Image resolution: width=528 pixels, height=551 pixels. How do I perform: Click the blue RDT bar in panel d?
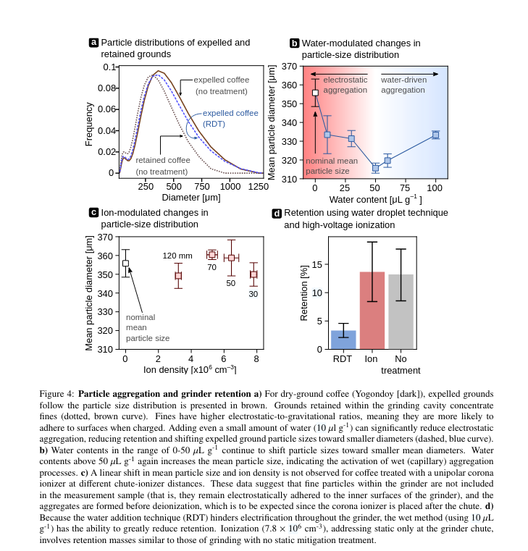(343, 340)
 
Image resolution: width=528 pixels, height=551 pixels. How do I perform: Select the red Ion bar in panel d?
(372, 311)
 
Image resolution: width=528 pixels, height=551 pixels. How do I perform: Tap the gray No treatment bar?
(401, 312)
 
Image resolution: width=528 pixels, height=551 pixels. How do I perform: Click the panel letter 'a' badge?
(93, 43)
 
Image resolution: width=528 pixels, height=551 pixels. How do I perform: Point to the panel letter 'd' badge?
(277, 214)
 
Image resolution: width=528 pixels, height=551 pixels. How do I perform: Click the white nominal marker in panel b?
(315, 93)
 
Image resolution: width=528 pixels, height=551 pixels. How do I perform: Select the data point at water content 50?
(375, 168)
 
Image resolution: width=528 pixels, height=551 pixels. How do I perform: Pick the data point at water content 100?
(435, 135)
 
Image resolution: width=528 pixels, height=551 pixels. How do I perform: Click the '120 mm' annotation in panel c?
(177, 256)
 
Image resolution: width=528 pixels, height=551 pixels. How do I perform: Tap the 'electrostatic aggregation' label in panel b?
(345, 85)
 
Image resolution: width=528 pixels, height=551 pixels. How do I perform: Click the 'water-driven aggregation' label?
(403, 85)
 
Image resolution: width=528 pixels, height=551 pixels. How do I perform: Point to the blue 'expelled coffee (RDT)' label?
(230, 118)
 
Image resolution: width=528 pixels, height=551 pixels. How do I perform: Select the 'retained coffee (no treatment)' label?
(162, 166)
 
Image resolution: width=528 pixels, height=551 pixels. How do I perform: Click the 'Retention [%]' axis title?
(304, 293)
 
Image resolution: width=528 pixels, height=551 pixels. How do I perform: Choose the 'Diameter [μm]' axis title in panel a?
(190, 197)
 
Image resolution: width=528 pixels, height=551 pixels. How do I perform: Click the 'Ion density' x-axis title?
(190, 369)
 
